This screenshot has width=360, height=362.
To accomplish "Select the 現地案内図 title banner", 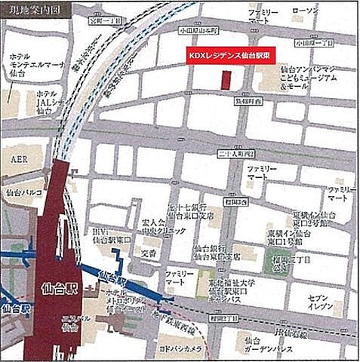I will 37,11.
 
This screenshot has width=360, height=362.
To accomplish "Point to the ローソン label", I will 306,12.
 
